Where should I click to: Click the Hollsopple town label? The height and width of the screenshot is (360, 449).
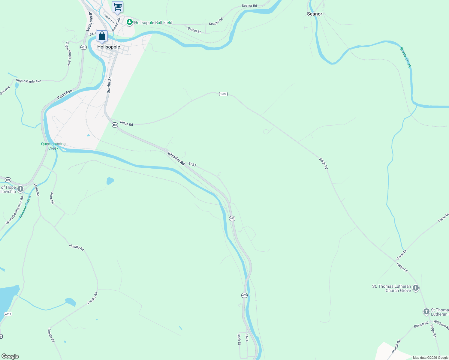coord(109,47)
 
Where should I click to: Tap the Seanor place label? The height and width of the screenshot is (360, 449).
coord(315,14)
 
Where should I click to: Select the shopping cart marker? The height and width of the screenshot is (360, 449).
coord(117,7)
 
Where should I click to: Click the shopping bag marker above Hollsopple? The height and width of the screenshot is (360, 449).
coord(102,36)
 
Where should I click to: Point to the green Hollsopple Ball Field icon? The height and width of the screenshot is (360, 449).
coord(130,22)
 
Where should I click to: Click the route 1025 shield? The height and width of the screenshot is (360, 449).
coord(223,94)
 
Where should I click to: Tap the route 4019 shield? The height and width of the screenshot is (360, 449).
coord(8,314)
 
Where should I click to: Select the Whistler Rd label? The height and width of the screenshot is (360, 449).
coord(176,159)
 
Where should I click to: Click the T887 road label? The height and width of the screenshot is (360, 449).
coord(192,165)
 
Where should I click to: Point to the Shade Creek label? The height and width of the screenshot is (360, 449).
coord(405,57)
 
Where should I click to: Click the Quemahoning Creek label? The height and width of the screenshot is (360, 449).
coord(53,146)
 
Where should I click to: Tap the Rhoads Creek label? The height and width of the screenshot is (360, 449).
coord(25,207)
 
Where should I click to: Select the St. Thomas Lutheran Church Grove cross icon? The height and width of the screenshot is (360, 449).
coord(416,288)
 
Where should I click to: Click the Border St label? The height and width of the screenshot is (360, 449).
coord(109,85)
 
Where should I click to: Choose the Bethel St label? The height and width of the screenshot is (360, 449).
coord(194,30)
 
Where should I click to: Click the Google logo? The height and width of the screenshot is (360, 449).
coord(10,356)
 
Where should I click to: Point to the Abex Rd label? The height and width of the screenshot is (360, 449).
coord(52,198)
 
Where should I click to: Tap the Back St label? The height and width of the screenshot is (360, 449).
coord(239,339)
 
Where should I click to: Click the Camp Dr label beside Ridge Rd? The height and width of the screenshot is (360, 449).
coord(401,255)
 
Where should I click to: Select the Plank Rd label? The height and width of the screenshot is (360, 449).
coord(36,190)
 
